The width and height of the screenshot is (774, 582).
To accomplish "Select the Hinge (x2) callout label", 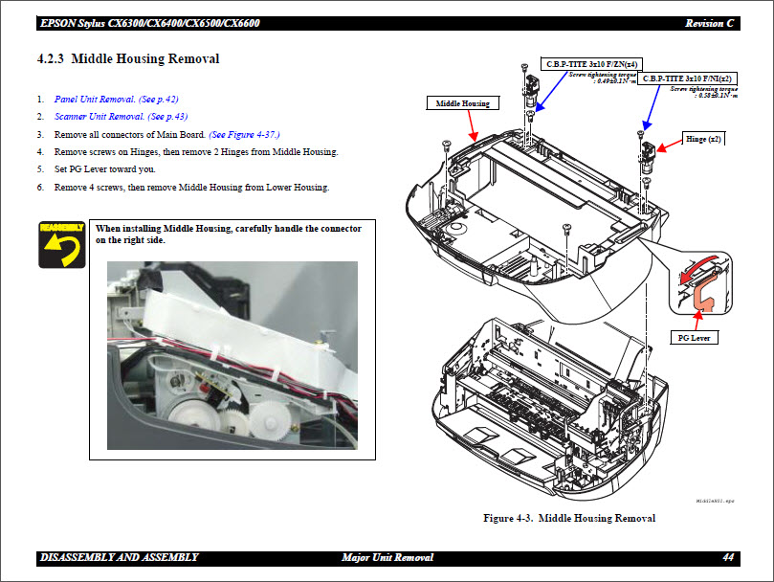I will point(703,139).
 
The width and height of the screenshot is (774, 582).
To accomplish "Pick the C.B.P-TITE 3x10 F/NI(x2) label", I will point(688,78).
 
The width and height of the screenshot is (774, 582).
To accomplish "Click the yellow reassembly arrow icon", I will point(59,245).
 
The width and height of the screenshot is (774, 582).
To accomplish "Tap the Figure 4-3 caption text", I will point(569,518).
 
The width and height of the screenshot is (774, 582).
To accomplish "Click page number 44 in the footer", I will point(728,557).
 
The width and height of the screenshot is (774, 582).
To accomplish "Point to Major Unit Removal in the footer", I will point(387,557).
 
